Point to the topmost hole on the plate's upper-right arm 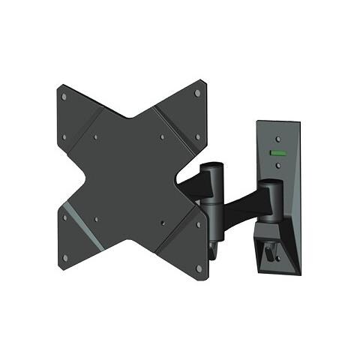198,93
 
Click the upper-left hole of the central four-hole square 97,137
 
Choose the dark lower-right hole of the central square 163,222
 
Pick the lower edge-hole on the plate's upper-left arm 65,137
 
